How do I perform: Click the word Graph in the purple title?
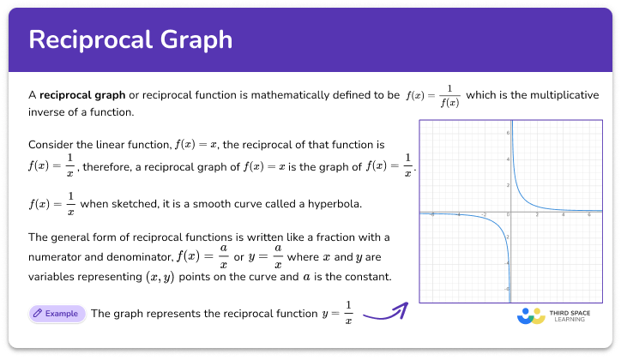[x=199, y=40]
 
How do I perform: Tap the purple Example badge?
[x=57, y=314]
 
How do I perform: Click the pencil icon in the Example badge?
[x=39, y=314]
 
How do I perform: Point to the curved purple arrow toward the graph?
[x=383, y=312]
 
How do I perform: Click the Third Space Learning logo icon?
[x=531, y=315]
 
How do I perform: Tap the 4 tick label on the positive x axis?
[x=563, y=216]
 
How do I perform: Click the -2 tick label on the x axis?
[x=485, y=216]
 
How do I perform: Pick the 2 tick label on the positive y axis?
[x=508, y=185]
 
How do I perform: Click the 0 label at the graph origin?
[x=508, y=215]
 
